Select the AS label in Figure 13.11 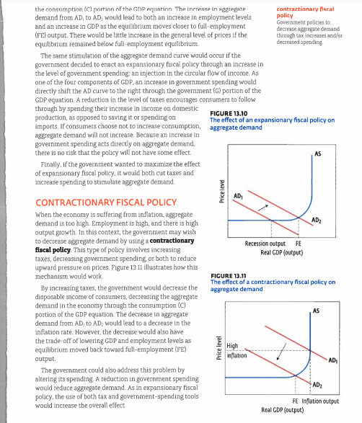pyautogui.click(x=315, y=310)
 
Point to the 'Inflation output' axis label pyautogui.click(x=321, y=401)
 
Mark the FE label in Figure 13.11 pyautogui.click(x=296, y=401)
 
